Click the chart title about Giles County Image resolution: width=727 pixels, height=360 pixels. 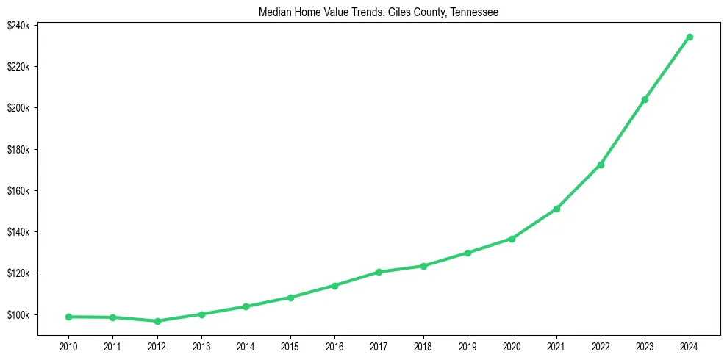(x=379, y=12)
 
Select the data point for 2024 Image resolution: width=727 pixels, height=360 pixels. (x=690, y=37)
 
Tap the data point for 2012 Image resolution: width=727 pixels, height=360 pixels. (x=157, y=321)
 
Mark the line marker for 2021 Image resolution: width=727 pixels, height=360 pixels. (x=556, y=209)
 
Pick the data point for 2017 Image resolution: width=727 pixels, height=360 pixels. (x=379, y=272)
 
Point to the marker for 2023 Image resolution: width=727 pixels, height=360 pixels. (x=645, y=99)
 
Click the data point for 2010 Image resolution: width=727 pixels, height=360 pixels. (x=68, y=317)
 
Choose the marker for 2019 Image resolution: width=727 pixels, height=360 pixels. (x=468, y=253)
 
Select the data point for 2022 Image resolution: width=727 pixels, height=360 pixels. (x=601, y=165)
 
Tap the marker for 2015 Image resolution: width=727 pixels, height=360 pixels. (x=290, y=298)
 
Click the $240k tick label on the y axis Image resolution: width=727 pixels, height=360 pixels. (x=18, y=26)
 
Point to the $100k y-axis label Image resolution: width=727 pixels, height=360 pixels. (x=18, y=315)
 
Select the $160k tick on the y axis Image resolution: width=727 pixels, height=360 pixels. (x=18, y=191)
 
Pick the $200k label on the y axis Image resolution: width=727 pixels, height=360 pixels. (x=18, y=108)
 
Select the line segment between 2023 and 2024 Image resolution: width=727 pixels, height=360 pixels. (x=667, y=68)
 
